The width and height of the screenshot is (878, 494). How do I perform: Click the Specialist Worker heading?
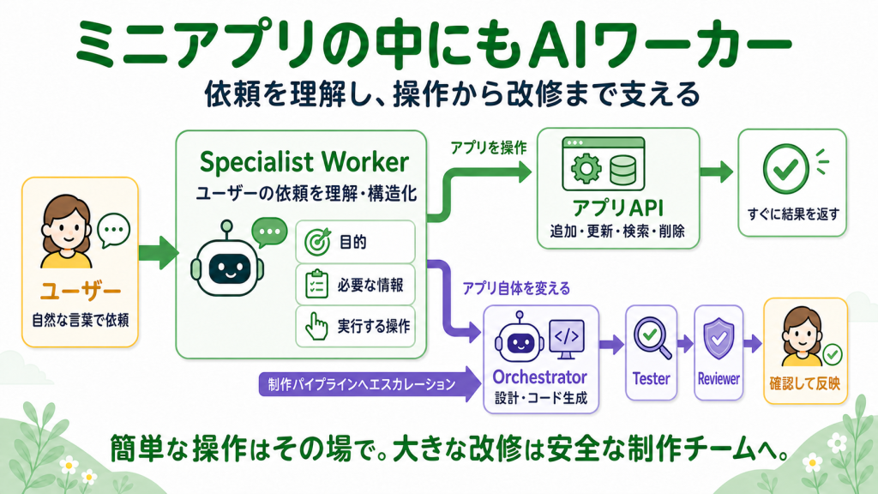[x=304, y=162]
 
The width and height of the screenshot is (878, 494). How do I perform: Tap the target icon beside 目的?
[x=318, y=242]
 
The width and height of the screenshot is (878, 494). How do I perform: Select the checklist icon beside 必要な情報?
[x=316, y=284]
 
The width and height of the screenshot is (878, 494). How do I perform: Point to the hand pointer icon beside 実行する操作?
[x=316, y=326]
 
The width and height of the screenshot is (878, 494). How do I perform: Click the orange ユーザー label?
[x=81, y=291]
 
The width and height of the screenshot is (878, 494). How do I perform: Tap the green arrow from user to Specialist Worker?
[x=159, y=253]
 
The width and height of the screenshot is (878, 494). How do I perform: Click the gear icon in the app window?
[x=586, y=168]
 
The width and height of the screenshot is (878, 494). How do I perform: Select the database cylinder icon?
[x=622, y=171]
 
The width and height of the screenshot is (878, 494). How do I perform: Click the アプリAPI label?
[x=618, y=208]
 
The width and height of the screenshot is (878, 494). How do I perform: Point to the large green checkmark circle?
[x=785, y=169]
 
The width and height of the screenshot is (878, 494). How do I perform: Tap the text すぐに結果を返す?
[x=793, y=214]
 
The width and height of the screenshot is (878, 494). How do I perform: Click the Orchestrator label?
[x=540, y=377]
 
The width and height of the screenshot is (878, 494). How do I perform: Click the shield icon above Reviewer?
[x=719, y=338]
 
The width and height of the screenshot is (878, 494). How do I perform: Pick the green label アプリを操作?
[x=489, y=148]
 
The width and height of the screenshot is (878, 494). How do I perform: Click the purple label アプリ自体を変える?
[x=516, y=288]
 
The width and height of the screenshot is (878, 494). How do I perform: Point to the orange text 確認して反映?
[x=804, y=383]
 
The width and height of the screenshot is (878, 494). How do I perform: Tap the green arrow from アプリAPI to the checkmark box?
[x=716, y=172]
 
